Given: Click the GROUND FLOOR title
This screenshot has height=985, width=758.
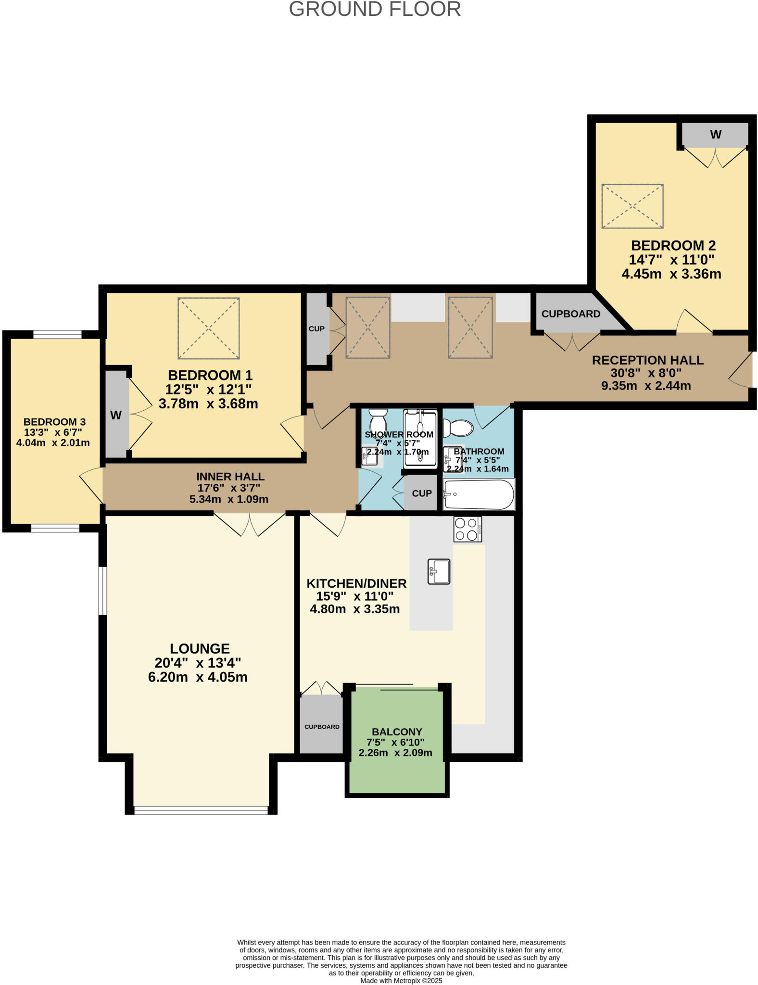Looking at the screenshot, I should point(375,10).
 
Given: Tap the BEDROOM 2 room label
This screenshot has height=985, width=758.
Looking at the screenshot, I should point(673,245).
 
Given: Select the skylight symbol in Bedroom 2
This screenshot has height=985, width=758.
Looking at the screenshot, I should point(632,206).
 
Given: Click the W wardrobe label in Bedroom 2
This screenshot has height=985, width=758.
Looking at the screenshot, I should point(716,135).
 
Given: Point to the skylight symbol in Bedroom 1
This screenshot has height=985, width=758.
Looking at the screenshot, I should point(208,328).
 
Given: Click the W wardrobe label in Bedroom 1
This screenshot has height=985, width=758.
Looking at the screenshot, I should point(116,415).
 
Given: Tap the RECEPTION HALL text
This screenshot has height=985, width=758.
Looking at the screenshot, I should point(647,360).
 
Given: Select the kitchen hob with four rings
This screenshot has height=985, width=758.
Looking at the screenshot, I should point(467,529).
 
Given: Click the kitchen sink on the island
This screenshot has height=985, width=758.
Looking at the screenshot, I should point(439,571).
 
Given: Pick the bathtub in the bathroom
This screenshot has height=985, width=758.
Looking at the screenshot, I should point(479,494).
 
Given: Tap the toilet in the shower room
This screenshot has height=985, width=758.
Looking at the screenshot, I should point(378,421).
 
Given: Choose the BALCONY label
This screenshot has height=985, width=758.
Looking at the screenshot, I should point(397,732).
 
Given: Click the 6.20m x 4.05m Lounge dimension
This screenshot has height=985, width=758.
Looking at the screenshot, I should point(198,677).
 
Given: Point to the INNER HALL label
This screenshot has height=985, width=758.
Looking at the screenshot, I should point(230,477).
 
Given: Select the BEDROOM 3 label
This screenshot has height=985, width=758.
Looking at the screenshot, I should point(54,422).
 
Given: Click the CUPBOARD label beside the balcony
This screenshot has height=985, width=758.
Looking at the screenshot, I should point(322,727).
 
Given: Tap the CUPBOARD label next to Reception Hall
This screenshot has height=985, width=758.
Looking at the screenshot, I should point(570,314).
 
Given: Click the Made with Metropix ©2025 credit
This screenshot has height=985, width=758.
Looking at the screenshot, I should point(401,981).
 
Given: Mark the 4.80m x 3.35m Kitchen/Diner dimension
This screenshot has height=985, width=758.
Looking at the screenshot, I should point(354,609).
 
